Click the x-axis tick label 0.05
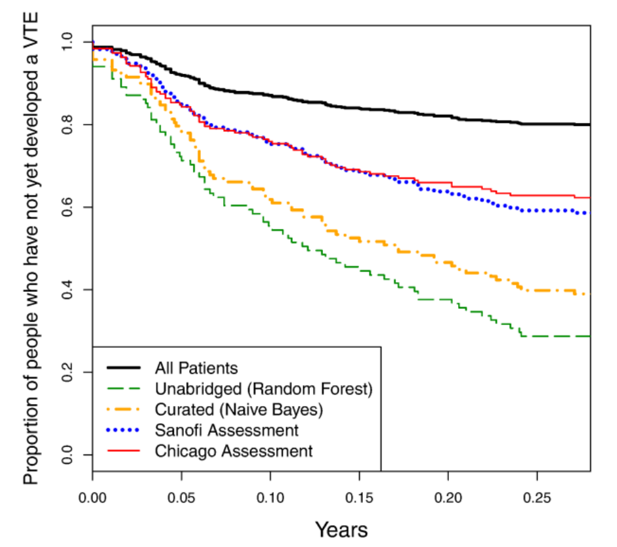181,492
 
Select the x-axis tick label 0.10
270,492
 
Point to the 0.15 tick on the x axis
359,492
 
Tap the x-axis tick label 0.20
448,492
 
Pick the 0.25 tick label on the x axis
537,492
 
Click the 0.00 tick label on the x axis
93,492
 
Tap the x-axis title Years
341,529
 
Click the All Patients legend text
196,367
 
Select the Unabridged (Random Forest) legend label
264,388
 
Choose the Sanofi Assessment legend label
226,430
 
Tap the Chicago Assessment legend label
234,451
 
